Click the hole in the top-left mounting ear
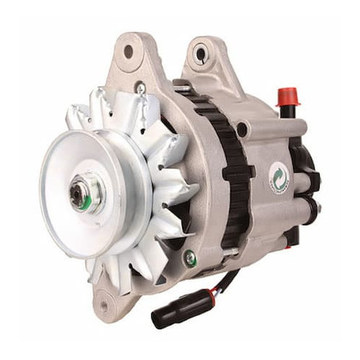(x=129, y=51)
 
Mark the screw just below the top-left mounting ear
(x=141, y=89)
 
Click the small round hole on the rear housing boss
(x=243, y=130)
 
